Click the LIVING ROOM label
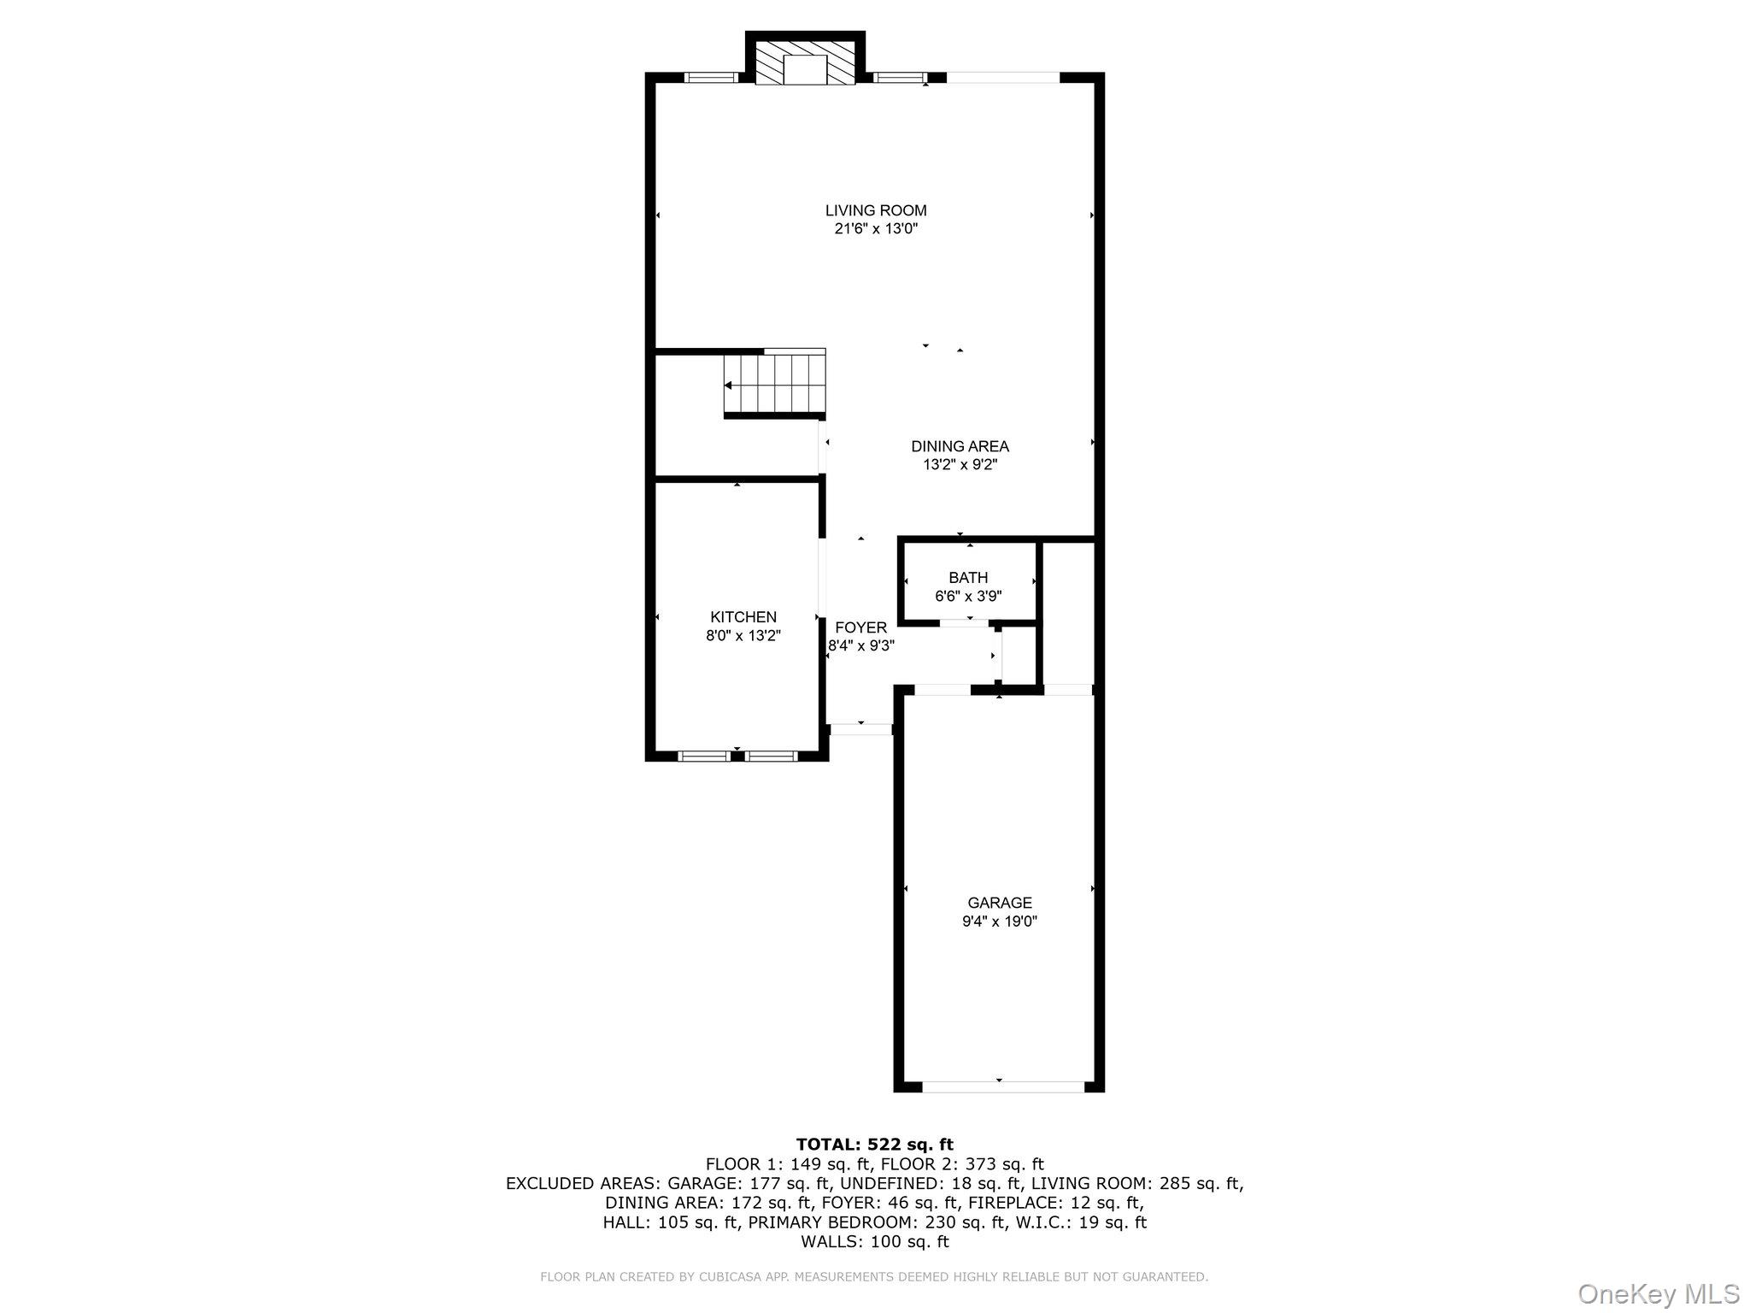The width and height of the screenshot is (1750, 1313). click(x=876, y=210)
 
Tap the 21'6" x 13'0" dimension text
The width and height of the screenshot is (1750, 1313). click(x=876, y=229)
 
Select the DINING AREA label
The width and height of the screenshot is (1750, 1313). click(x=960, y=446)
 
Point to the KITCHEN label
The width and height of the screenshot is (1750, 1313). click(x=743, y=617)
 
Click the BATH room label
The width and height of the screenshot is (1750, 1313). click(x=968, y=578)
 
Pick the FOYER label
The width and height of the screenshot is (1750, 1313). click(x=860, y=627)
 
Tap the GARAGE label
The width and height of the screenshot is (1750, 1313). click(x=1000, y=903)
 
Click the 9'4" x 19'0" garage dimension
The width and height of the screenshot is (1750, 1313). click(x=1000, y=921)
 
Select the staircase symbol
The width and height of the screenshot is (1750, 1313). click(x=775, y=384)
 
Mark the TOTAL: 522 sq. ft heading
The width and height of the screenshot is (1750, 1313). click(x=874, y=1145)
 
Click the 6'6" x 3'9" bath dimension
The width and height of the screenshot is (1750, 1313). click(x=968, y=597)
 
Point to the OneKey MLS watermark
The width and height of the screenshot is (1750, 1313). click(x=1659, y=1293)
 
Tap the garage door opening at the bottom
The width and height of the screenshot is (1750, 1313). click(x=1003, y=1086)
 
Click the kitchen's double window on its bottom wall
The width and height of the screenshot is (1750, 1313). click(x=737, y=756)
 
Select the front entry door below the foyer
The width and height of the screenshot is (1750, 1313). click(x=860, y=729)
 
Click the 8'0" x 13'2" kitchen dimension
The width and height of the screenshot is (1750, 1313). click(x=743, y=636)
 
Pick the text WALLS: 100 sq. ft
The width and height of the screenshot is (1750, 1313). click(x=874, y=1242)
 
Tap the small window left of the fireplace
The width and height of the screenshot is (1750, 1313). click(x=712, y=78)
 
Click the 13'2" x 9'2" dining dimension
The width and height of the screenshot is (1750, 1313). click(x=960, y=465)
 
